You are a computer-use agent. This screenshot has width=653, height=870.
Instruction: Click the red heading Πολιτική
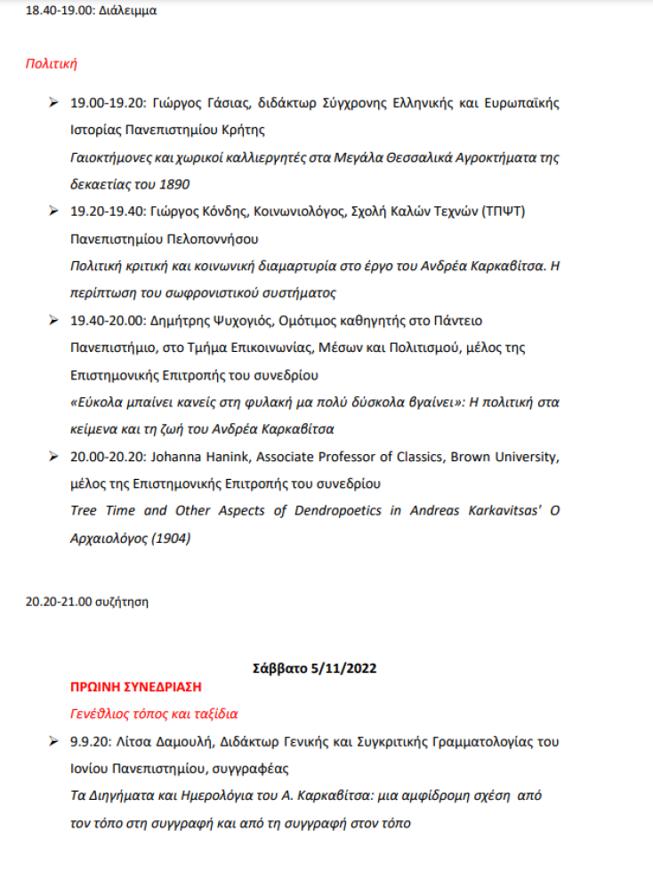click(52, 63)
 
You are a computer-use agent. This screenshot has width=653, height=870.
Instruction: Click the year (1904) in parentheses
click(171, 538)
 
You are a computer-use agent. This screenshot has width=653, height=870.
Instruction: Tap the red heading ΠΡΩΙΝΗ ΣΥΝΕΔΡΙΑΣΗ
click(136, 687)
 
